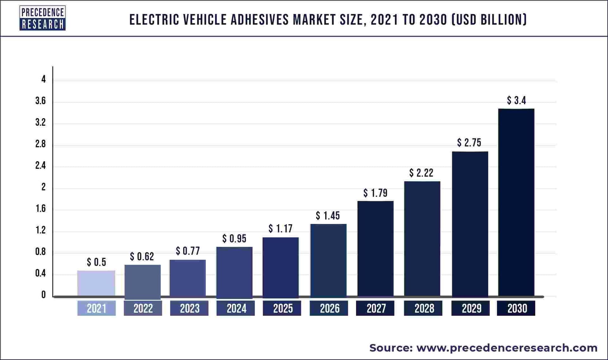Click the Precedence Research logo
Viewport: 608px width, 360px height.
[42, 18]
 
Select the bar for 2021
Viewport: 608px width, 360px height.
[96, 283]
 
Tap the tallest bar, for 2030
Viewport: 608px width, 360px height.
[516, 203]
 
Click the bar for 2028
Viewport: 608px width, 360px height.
[422, 239]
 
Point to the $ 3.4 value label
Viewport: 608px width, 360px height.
[516, 100]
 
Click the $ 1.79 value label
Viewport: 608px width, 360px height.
[375, 193]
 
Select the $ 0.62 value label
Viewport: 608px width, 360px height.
[142, 256]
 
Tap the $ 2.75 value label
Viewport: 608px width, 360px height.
[469, 143]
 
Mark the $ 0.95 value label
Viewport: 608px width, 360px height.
[234, 239]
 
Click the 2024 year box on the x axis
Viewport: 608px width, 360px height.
[236, 308]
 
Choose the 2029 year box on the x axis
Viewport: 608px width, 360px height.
[471, 308]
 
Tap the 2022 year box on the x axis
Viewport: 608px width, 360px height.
[143, 308]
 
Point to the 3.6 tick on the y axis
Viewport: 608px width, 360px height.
[41, 101]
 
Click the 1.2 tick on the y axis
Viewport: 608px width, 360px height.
[41, 230]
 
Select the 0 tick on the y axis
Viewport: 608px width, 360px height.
[43, 295]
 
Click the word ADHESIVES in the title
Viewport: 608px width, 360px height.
[260, 20]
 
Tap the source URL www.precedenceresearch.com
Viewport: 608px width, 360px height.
[507, 348]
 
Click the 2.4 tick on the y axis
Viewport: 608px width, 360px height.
[41, 166]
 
